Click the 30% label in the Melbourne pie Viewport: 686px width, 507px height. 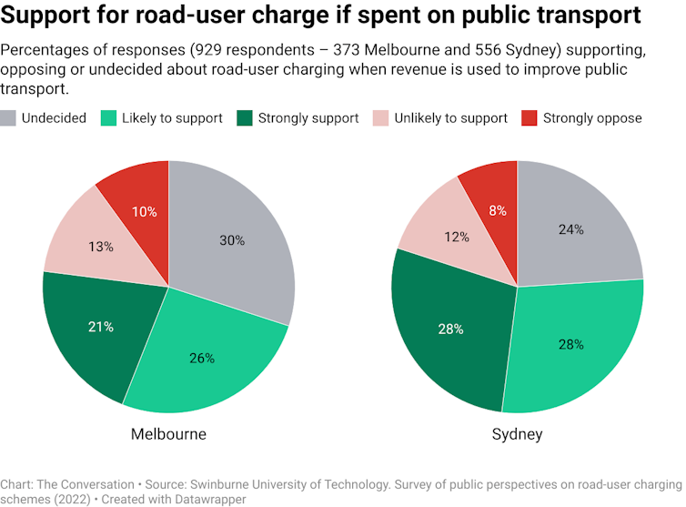pos(232,240)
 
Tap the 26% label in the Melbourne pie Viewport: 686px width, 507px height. pos(202,358)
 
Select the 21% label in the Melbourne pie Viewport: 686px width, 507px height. pos(101,326)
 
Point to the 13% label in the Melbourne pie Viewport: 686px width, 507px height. pos(101,247)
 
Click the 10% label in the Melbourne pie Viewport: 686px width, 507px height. pos(145,211)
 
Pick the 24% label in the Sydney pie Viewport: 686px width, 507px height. pos(571,229)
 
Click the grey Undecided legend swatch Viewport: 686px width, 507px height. pos(8,117)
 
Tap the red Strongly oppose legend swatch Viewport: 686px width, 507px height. pos(529,117)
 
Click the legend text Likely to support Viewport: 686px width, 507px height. pos(172,117)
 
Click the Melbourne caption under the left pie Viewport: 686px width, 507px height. pos(168,434)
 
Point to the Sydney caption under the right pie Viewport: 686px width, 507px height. pos(517,434)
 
